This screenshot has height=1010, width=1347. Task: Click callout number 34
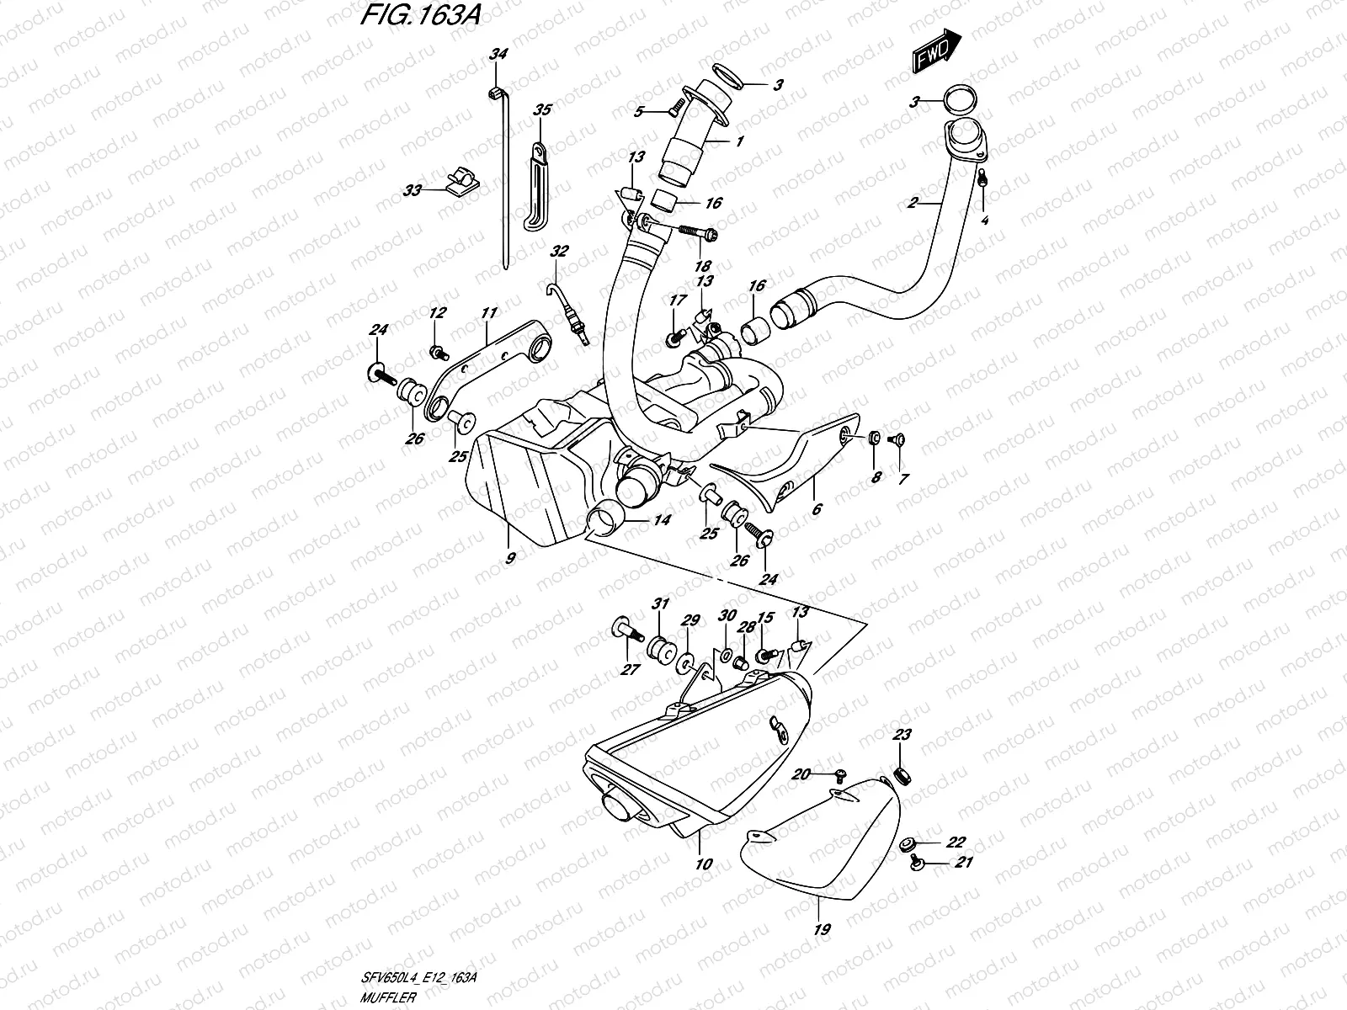tap(499, 55)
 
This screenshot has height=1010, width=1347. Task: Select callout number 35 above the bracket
tap(542, 109)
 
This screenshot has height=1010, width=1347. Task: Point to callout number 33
tap(412, 191)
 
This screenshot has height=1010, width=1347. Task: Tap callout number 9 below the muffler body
tap(510, 556)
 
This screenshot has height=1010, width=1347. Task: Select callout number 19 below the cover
tap(823, 929)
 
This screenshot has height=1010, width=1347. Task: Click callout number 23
tap(902, 735)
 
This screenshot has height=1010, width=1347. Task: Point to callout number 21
tap(962, 863)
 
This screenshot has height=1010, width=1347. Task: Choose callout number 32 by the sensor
tap(559, 251)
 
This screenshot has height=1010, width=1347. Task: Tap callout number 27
tap(630, 669)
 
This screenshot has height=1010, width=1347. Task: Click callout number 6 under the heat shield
tap(816, 509)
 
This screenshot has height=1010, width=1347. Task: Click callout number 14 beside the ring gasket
tap(662, 521)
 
